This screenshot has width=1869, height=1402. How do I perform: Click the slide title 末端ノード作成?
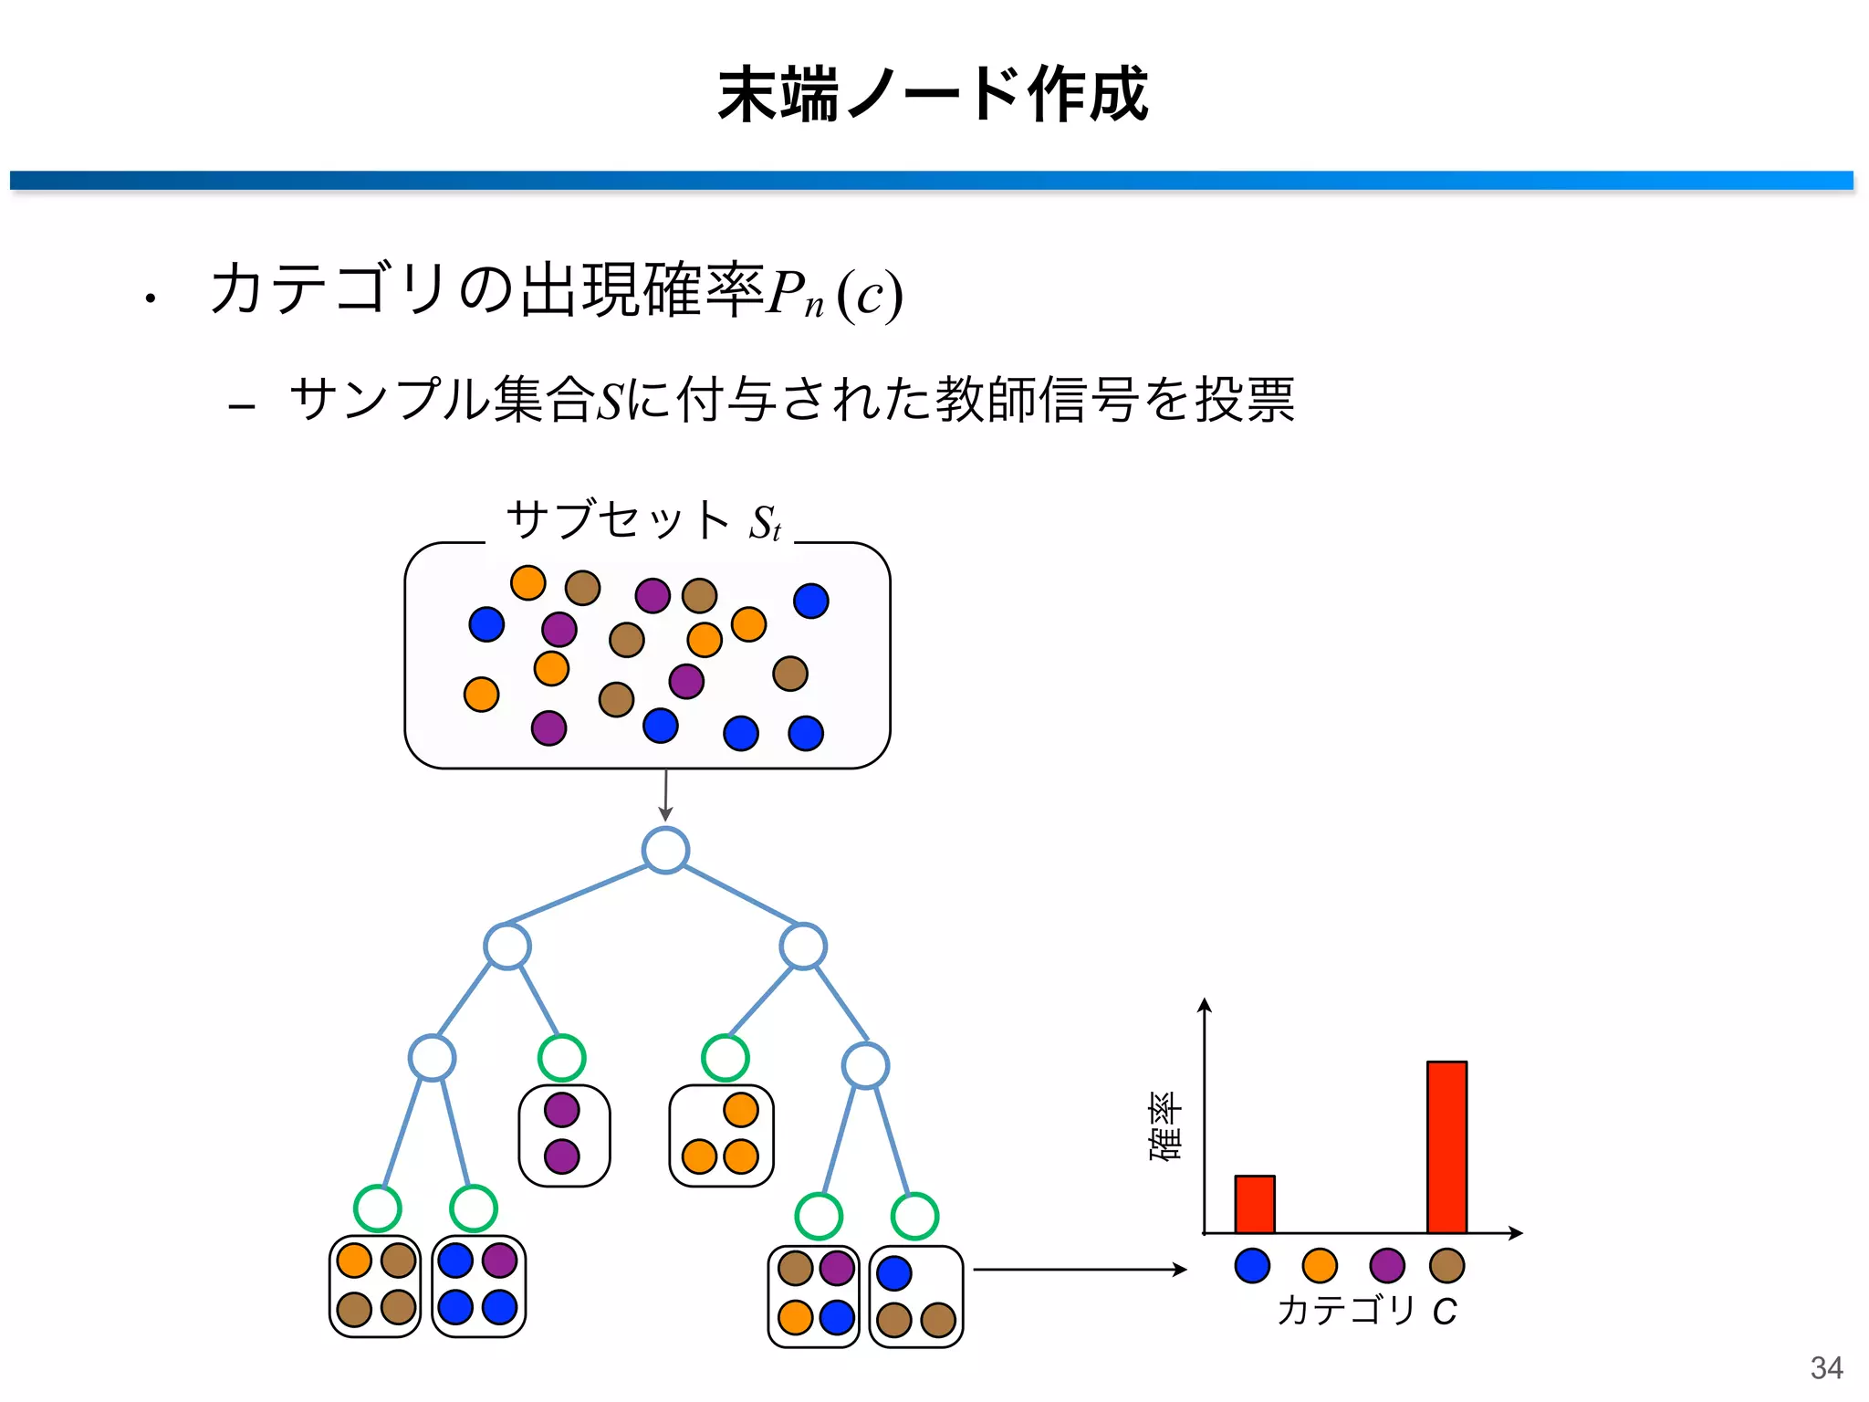(x=933, y=95)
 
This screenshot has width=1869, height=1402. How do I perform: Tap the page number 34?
(x=1826, y=1367)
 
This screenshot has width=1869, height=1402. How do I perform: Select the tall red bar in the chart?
(x=1446, y=1146)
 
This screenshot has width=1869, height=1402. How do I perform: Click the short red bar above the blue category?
(x=1254, y=1204)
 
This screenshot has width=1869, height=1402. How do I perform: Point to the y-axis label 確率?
(x=1165, y=1126)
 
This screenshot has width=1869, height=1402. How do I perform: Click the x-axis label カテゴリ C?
(x=1366, y=1311)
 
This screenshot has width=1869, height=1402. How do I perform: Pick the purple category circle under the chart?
(x=1387, y=1266)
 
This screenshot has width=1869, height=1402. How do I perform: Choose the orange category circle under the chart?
(x=1320, y=1266)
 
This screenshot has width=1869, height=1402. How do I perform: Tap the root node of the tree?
(x=665, y=851)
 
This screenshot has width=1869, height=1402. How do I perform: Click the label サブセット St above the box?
(x=643, y=520)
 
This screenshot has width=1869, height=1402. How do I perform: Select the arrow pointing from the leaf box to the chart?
(x=1080, y=1270)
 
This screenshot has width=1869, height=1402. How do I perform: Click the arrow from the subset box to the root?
(x=665, y=795)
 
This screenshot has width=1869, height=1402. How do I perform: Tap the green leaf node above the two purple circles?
(x=561, y=1058)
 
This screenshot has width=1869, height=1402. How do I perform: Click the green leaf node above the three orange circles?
(x=726, y=1058)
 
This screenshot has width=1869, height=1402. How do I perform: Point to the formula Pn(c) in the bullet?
(x=834, y=294)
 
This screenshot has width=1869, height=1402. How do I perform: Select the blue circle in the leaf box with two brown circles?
(x=894, y=1273)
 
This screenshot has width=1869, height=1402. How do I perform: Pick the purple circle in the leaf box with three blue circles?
(x=499, y=1261)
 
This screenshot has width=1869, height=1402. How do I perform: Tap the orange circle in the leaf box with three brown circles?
(x=354, y=1261)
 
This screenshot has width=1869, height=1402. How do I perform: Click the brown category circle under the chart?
(x=1446, y=1266)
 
